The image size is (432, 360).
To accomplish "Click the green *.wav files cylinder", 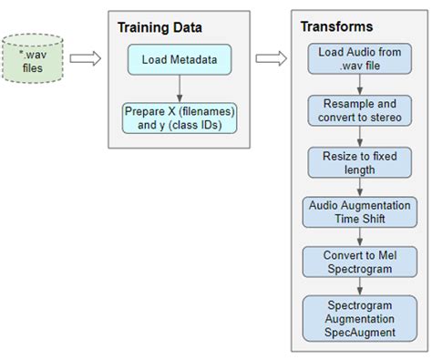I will tap(34, 60).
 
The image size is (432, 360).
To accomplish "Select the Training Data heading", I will tap(159, 27).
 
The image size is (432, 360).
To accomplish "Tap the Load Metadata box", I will tap(180, 62).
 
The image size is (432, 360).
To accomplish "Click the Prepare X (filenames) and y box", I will tap(180, 118).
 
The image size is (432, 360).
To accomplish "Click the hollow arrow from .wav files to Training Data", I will tap(86, 59).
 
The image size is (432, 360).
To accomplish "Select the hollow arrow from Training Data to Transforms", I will tap(269, 59).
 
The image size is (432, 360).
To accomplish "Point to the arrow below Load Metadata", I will tap(180, 88).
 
